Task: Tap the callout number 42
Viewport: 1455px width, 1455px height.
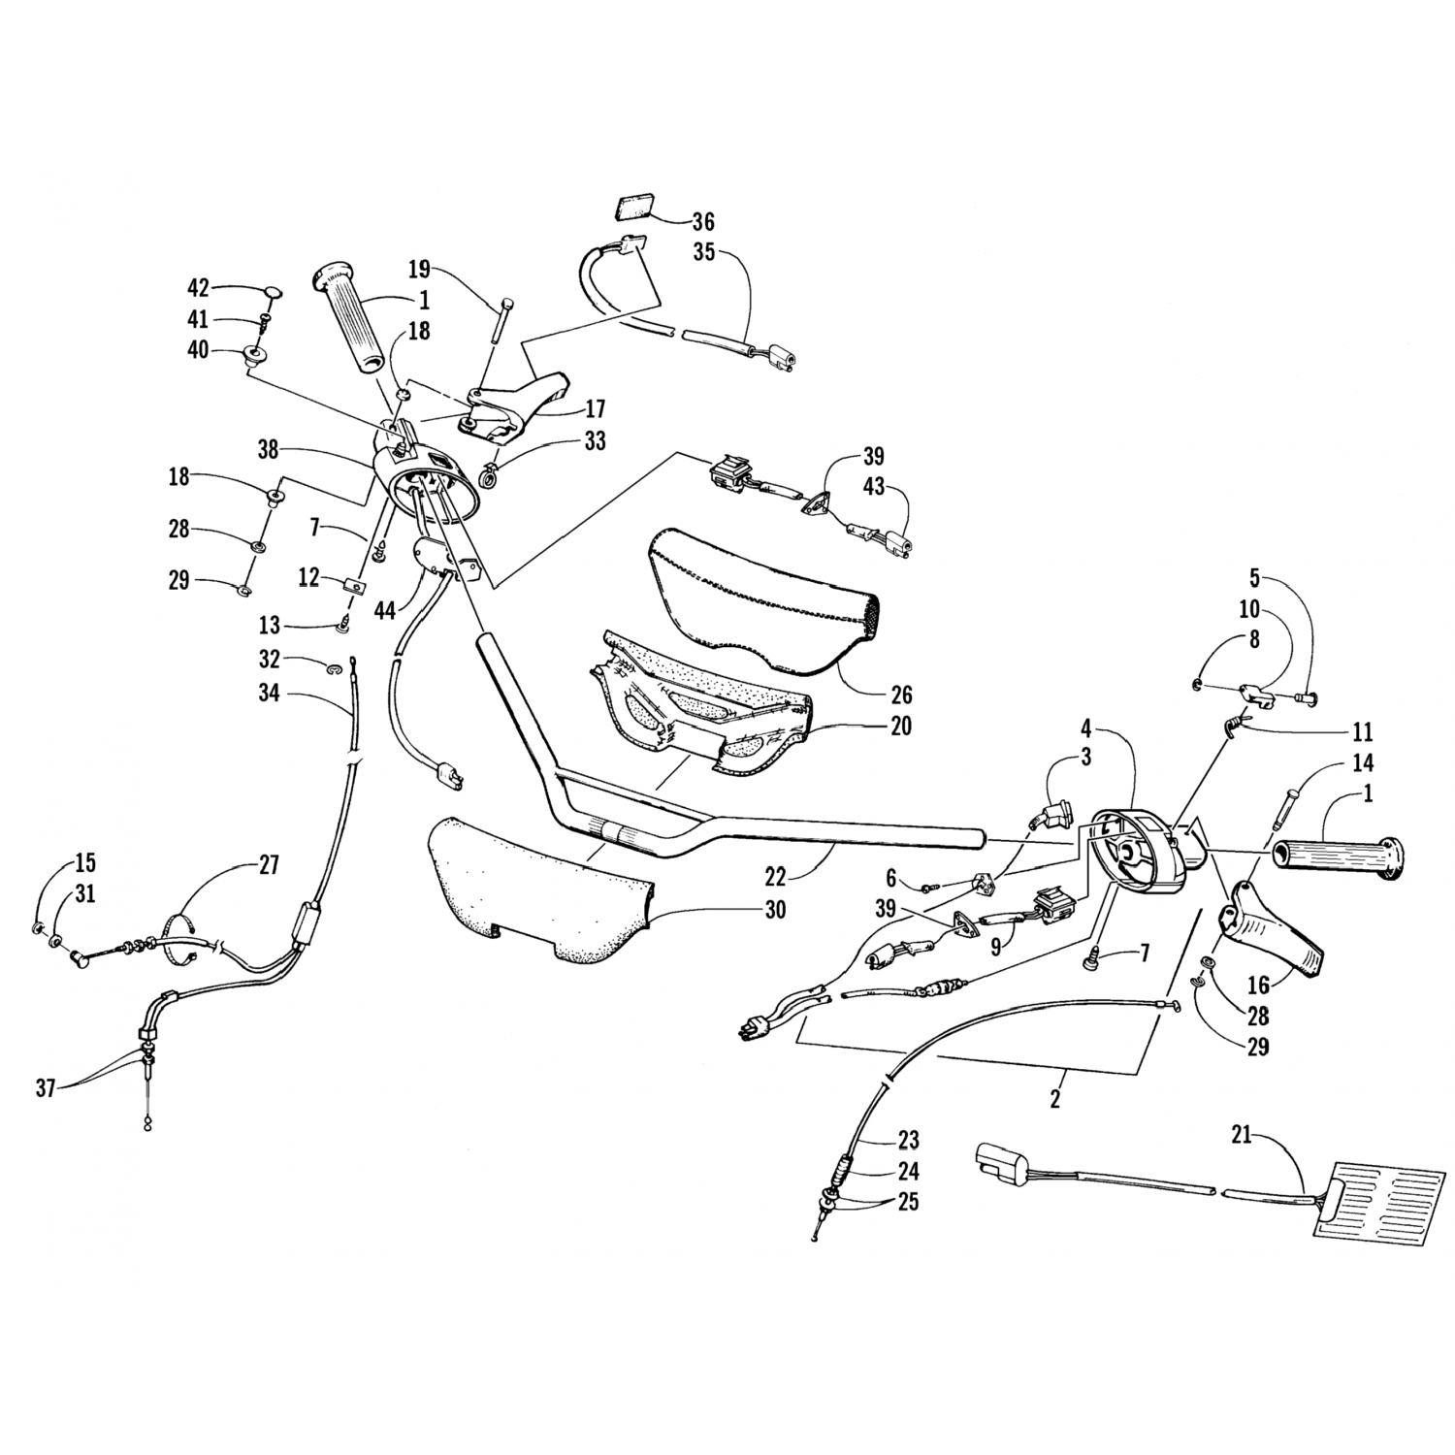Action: [x=198, y=289]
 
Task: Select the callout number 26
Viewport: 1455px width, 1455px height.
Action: [x=901, y=695]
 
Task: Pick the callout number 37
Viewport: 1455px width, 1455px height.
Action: [x=46, y=1088]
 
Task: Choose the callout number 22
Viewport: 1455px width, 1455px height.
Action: [x=775, y=876]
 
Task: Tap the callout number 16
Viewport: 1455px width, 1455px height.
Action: [x=1258, y=986]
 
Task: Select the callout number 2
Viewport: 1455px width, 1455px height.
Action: [x=1055, y=1100]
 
